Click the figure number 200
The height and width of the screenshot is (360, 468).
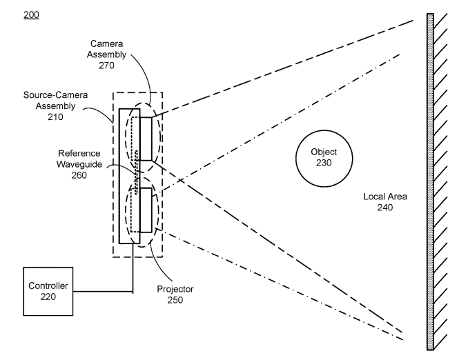click(x=31, y=13)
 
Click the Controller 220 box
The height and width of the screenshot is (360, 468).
click(x=48, y=292)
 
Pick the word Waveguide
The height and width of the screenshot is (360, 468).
click(x=80, y=163)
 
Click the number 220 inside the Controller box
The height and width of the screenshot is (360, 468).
click(x=48, y=297)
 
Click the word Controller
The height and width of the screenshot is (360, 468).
click(x=48, y=286)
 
